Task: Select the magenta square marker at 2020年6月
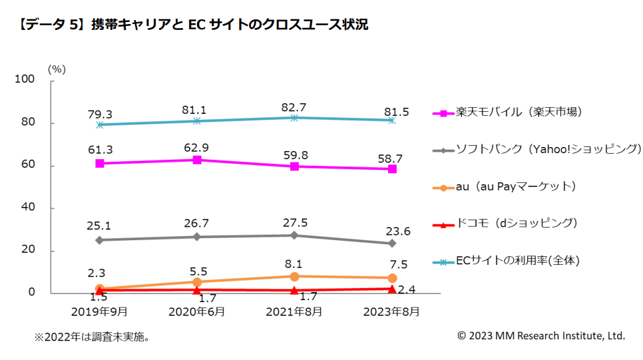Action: click(x=196, y=160)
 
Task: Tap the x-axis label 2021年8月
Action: click(x=294, y=311)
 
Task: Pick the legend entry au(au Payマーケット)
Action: click(x=515, y=186)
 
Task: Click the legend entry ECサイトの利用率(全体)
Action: click(x=518, y=261)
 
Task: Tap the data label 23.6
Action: click(x=392, y=231)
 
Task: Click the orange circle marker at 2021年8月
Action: click(x=294, y=276)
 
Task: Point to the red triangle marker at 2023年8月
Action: click(x=392, y=289)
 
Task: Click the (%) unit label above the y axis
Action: click(x=57, y=69)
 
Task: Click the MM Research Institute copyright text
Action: click(x=541, y=336)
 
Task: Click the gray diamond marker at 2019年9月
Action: click(x=99, y=240)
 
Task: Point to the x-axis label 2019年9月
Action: click(x=99, y=311)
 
